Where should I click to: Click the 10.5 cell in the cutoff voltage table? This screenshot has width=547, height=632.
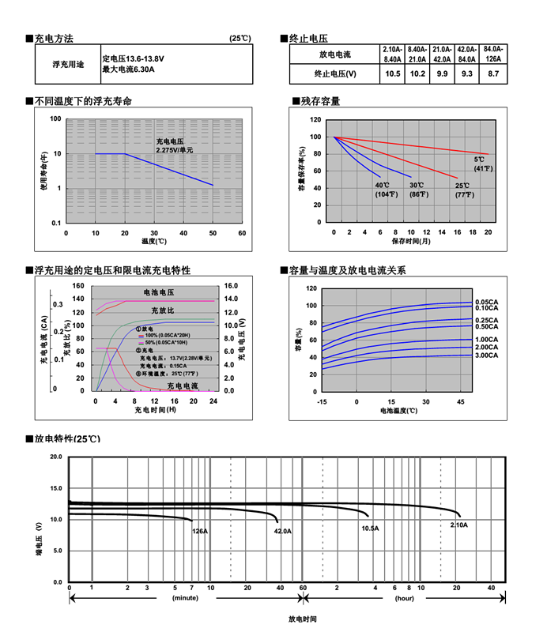(x=393, y=73)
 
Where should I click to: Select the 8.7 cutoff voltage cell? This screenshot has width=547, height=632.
(x=493, y=73)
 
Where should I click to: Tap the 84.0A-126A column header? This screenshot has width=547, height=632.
(x=493, y=54)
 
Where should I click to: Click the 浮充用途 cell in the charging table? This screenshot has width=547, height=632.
(x=68, y=65)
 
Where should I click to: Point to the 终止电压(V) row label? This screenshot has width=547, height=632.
(x=335, y=73)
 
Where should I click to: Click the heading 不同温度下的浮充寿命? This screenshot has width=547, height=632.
(x=83, y=101)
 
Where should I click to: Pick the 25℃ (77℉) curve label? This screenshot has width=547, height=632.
(x=462, y=190)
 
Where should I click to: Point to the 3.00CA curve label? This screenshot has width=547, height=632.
(x=486, y=355)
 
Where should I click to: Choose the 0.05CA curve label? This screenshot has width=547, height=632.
(x=486, y=302)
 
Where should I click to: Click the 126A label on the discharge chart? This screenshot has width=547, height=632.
(x=200, y=532)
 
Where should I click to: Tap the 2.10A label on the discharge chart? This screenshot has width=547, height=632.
(x=458, y=525)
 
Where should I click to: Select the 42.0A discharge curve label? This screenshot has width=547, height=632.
(x=282, y=532)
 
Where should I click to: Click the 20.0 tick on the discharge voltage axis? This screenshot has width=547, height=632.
(x=55, y=457)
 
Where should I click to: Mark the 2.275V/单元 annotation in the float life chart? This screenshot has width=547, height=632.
(x=175, y=150)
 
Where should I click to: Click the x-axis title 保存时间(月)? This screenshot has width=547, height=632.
(x=410, y=241)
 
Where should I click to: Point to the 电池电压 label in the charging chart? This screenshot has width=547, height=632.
(x=158, y=292)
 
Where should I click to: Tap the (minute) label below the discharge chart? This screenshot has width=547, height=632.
(x=185, y=598)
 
